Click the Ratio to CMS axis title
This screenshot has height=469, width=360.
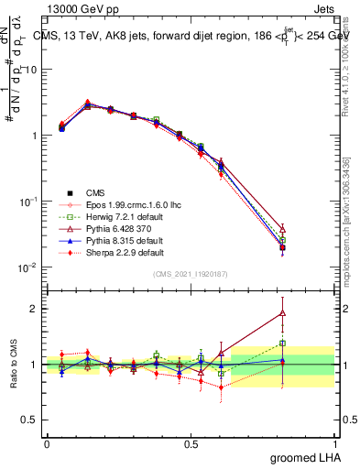click(x=12, y=366)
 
